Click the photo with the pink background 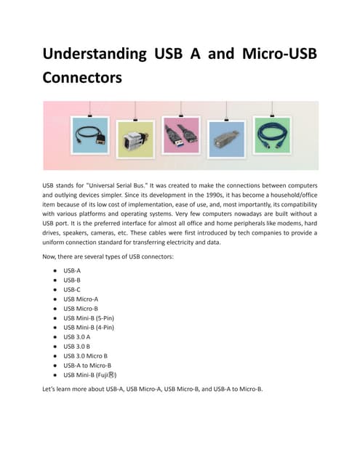pos(181,135)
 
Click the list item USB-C pos(72,289)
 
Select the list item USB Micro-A pos(80,299)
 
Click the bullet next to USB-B pos(55,280)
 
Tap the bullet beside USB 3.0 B pos(55,346)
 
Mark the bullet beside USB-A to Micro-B pos(55,365)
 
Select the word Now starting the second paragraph pos(50,257)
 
